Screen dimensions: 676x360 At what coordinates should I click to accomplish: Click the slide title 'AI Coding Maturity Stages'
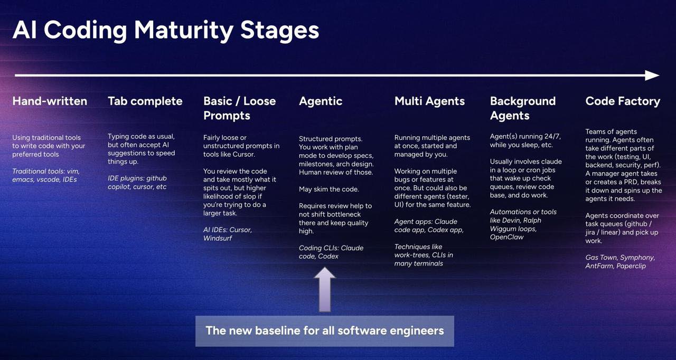click(x=166, y=31)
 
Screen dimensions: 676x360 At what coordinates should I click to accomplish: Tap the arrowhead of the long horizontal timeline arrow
click(x=652, y=75)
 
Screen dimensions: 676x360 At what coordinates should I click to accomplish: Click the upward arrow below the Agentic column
click(x=325, y=289)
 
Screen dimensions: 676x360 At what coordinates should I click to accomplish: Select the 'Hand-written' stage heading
click(x=50, y=101)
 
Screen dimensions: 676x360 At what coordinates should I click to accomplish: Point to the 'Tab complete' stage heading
click(x=145, y=101)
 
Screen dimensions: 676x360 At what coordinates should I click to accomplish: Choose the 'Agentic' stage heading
click(x=321, y=101)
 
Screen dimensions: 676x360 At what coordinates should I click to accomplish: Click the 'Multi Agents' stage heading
click(x=429, y=101)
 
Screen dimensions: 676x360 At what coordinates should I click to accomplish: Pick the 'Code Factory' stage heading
click(x=623, y=101)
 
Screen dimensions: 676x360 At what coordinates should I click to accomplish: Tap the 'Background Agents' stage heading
click(x=523, y=108)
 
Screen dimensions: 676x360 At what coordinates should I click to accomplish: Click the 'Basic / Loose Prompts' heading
click(x=240, y=108)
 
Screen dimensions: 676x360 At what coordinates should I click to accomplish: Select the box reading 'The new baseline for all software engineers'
click(x=325, y=331)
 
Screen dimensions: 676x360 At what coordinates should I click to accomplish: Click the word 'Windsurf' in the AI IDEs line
click(x=218, y=238)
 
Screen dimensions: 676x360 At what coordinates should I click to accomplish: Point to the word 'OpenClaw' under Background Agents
click(x=506, y=237)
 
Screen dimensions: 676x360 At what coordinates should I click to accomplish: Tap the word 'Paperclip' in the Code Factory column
click(x=631, y=266)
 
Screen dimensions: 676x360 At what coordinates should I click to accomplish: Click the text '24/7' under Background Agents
click(x=552, y=137)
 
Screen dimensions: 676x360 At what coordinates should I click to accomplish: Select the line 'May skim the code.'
click(x=329, y=190)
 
